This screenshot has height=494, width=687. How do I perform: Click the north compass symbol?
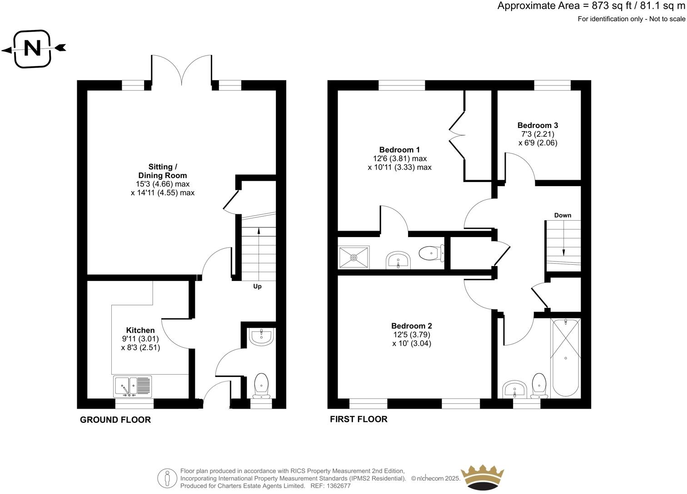pos(32,49)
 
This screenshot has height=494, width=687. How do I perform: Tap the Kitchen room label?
pos(140,330)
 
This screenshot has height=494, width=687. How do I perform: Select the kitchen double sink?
pos(133,386)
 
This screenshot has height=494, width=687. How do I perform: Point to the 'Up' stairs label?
pos(257,287)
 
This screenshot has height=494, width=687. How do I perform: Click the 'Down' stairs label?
pos(563,215)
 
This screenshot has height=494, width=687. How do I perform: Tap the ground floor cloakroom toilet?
pos(261,385)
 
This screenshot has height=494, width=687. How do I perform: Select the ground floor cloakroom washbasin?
pos(261,337)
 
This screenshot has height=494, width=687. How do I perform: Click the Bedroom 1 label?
pos(399,150)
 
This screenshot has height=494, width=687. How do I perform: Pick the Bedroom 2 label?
pos(411,326)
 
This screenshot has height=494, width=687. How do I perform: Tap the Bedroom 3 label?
pos(538,125)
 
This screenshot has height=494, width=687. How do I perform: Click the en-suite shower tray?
pos(354,257)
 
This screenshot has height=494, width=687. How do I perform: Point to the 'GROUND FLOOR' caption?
pos(115,420)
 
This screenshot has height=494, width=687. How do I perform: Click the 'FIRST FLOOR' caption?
pos(358,419)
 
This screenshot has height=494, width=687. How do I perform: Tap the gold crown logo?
pos(482,478)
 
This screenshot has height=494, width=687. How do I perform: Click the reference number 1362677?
pos(338,486)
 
